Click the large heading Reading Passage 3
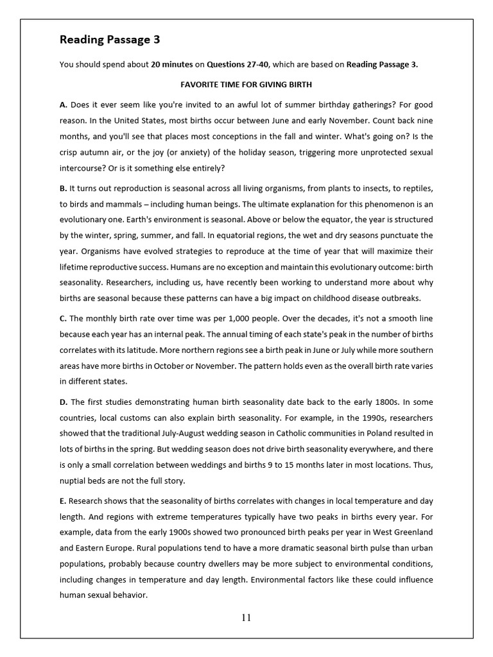[110, 40]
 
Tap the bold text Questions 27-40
[238, 64]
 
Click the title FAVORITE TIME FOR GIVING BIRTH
[246, 85]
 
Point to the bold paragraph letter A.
[63, 104]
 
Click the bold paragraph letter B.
[63, 188]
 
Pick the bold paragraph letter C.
[63, 318]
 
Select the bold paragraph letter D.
[63, 402]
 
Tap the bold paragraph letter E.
[63, 500]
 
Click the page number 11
[246, 618]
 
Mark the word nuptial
[73, 480]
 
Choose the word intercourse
[83, 168]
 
